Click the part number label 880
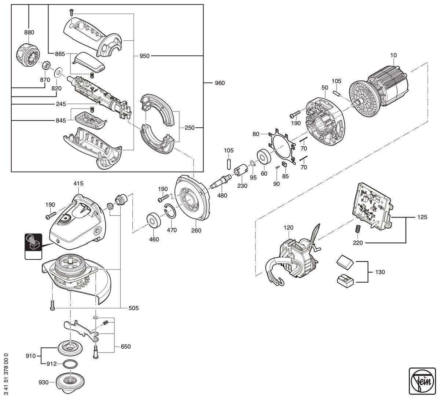click(x=29, y=33)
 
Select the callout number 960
click(x=220, y=83)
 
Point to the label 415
click(x=78, y=183)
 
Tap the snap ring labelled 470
click(x=170, y=211)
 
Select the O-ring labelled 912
click(x=70, y=364)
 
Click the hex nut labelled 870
click(x=46, y=65)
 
